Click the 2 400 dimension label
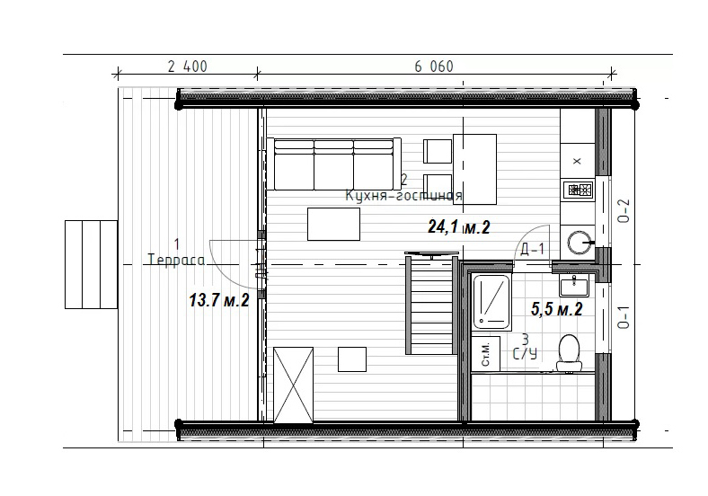(x=188, y=66)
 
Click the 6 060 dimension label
(x=434, y=66)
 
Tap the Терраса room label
(x=176, y=261)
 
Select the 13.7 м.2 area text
(x=219, y=300)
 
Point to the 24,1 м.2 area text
(x=459, y=226)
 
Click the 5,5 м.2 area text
(x=557, y=309)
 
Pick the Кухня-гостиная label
(x=403, y=196)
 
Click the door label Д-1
(x=533, y=249)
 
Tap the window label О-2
(x=624, y=211)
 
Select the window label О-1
(x=624, y=317)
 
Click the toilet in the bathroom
(x=569, y=353)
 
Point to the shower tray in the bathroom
(x=491, y=302)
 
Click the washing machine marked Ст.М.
(x=485, y=354)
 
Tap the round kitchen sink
(x=580, y=243)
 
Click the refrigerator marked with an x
(x=578, y=161)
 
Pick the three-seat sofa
(x=333, y=164)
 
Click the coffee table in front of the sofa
(x=333, y=224)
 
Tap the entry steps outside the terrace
(x=92, y=265)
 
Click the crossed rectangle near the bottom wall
(x=294, y=385)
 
